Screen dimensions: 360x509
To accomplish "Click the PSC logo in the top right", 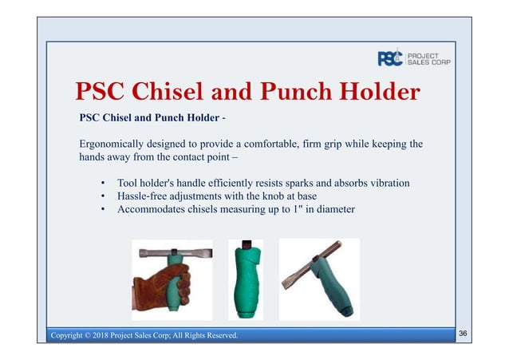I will click(390, 58).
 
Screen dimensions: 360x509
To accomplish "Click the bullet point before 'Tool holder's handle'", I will click(104, 184).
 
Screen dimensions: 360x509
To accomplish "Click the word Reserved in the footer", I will click(217, 335).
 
